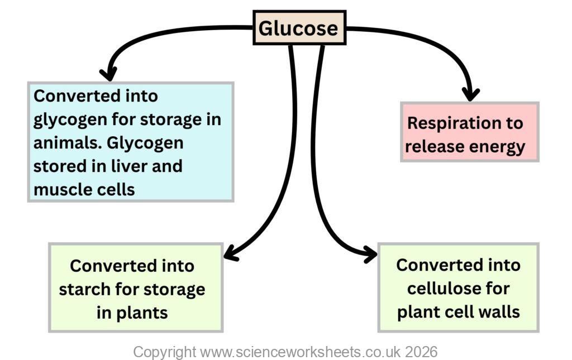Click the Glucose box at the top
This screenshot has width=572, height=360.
tap(299, 28)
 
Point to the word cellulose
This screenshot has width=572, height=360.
tap(458, 288)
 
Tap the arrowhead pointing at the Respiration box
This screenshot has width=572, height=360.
tap(471, 94)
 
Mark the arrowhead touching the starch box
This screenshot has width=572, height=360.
tap(230, 255)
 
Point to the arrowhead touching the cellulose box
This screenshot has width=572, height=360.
tap(370, 255)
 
